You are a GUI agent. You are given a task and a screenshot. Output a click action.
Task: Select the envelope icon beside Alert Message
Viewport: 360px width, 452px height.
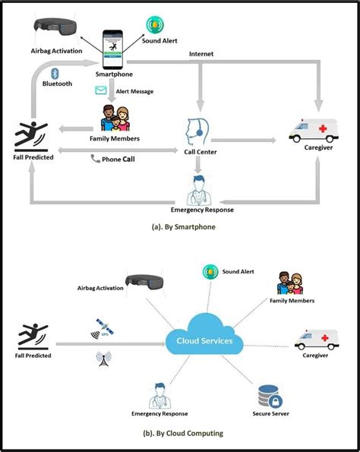101,91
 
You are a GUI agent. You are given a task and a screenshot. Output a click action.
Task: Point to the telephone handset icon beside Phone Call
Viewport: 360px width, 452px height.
95,159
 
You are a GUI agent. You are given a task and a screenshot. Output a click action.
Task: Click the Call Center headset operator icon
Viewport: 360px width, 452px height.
195,131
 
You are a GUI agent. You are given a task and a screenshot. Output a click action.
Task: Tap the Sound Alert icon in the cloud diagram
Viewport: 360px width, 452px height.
210,271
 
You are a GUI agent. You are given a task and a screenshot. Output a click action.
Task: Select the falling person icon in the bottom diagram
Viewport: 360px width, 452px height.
32,335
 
